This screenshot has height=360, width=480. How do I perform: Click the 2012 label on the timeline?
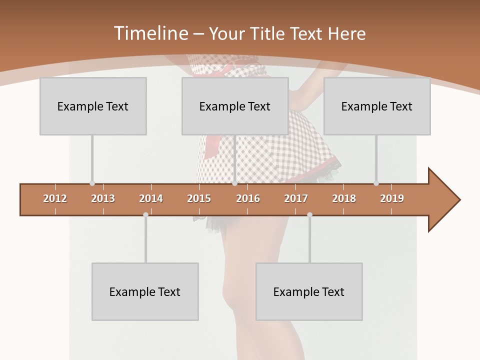click(55, 198)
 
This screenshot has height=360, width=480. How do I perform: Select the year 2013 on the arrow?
click(103, 198)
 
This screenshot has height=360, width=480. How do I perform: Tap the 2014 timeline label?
click(151, 198)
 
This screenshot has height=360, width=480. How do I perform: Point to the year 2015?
click(199, 198)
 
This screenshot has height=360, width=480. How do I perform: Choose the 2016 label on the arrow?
click(248, 198)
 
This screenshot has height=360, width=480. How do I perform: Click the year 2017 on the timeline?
click(296, 198)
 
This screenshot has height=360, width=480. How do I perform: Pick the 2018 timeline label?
click(344, 198)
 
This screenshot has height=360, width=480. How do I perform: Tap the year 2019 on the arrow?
click(392, 198)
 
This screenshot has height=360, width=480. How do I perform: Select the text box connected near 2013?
click(93, 106)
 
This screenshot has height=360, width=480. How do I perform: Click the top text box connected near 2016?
click(235, 106)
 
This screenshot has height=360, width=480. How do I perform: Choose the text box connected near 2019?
click(377, 106)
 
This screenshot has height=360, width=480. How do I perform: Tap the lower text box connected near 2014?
click(145, 291)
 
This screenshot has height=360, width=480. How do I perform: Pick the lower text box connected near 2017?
click(309, 291)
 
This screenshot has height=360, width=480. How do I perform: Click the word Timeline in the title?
click(150, 33)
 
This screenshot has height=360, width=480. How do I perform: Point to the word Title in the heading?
click(268, 33)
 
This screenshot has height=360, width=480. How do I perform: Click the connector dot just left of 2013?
click(92, 183)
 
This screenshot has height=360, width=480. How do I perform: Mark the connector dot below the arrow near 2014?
click(145, 214)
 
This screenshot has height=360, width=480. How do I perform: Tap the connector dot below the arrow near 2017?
click(309, 214)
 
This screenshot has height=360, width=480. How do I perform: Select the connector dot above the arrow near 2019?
click(376, 183)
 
